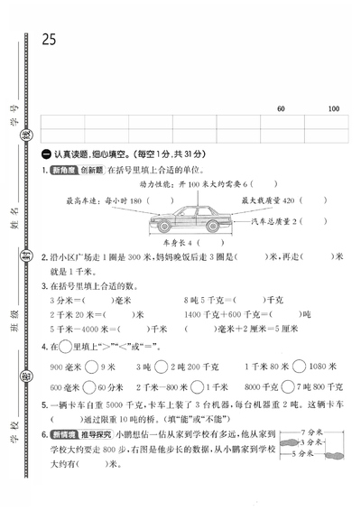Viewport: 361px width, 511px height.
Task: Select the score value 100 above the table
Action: tap(333, 109)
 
